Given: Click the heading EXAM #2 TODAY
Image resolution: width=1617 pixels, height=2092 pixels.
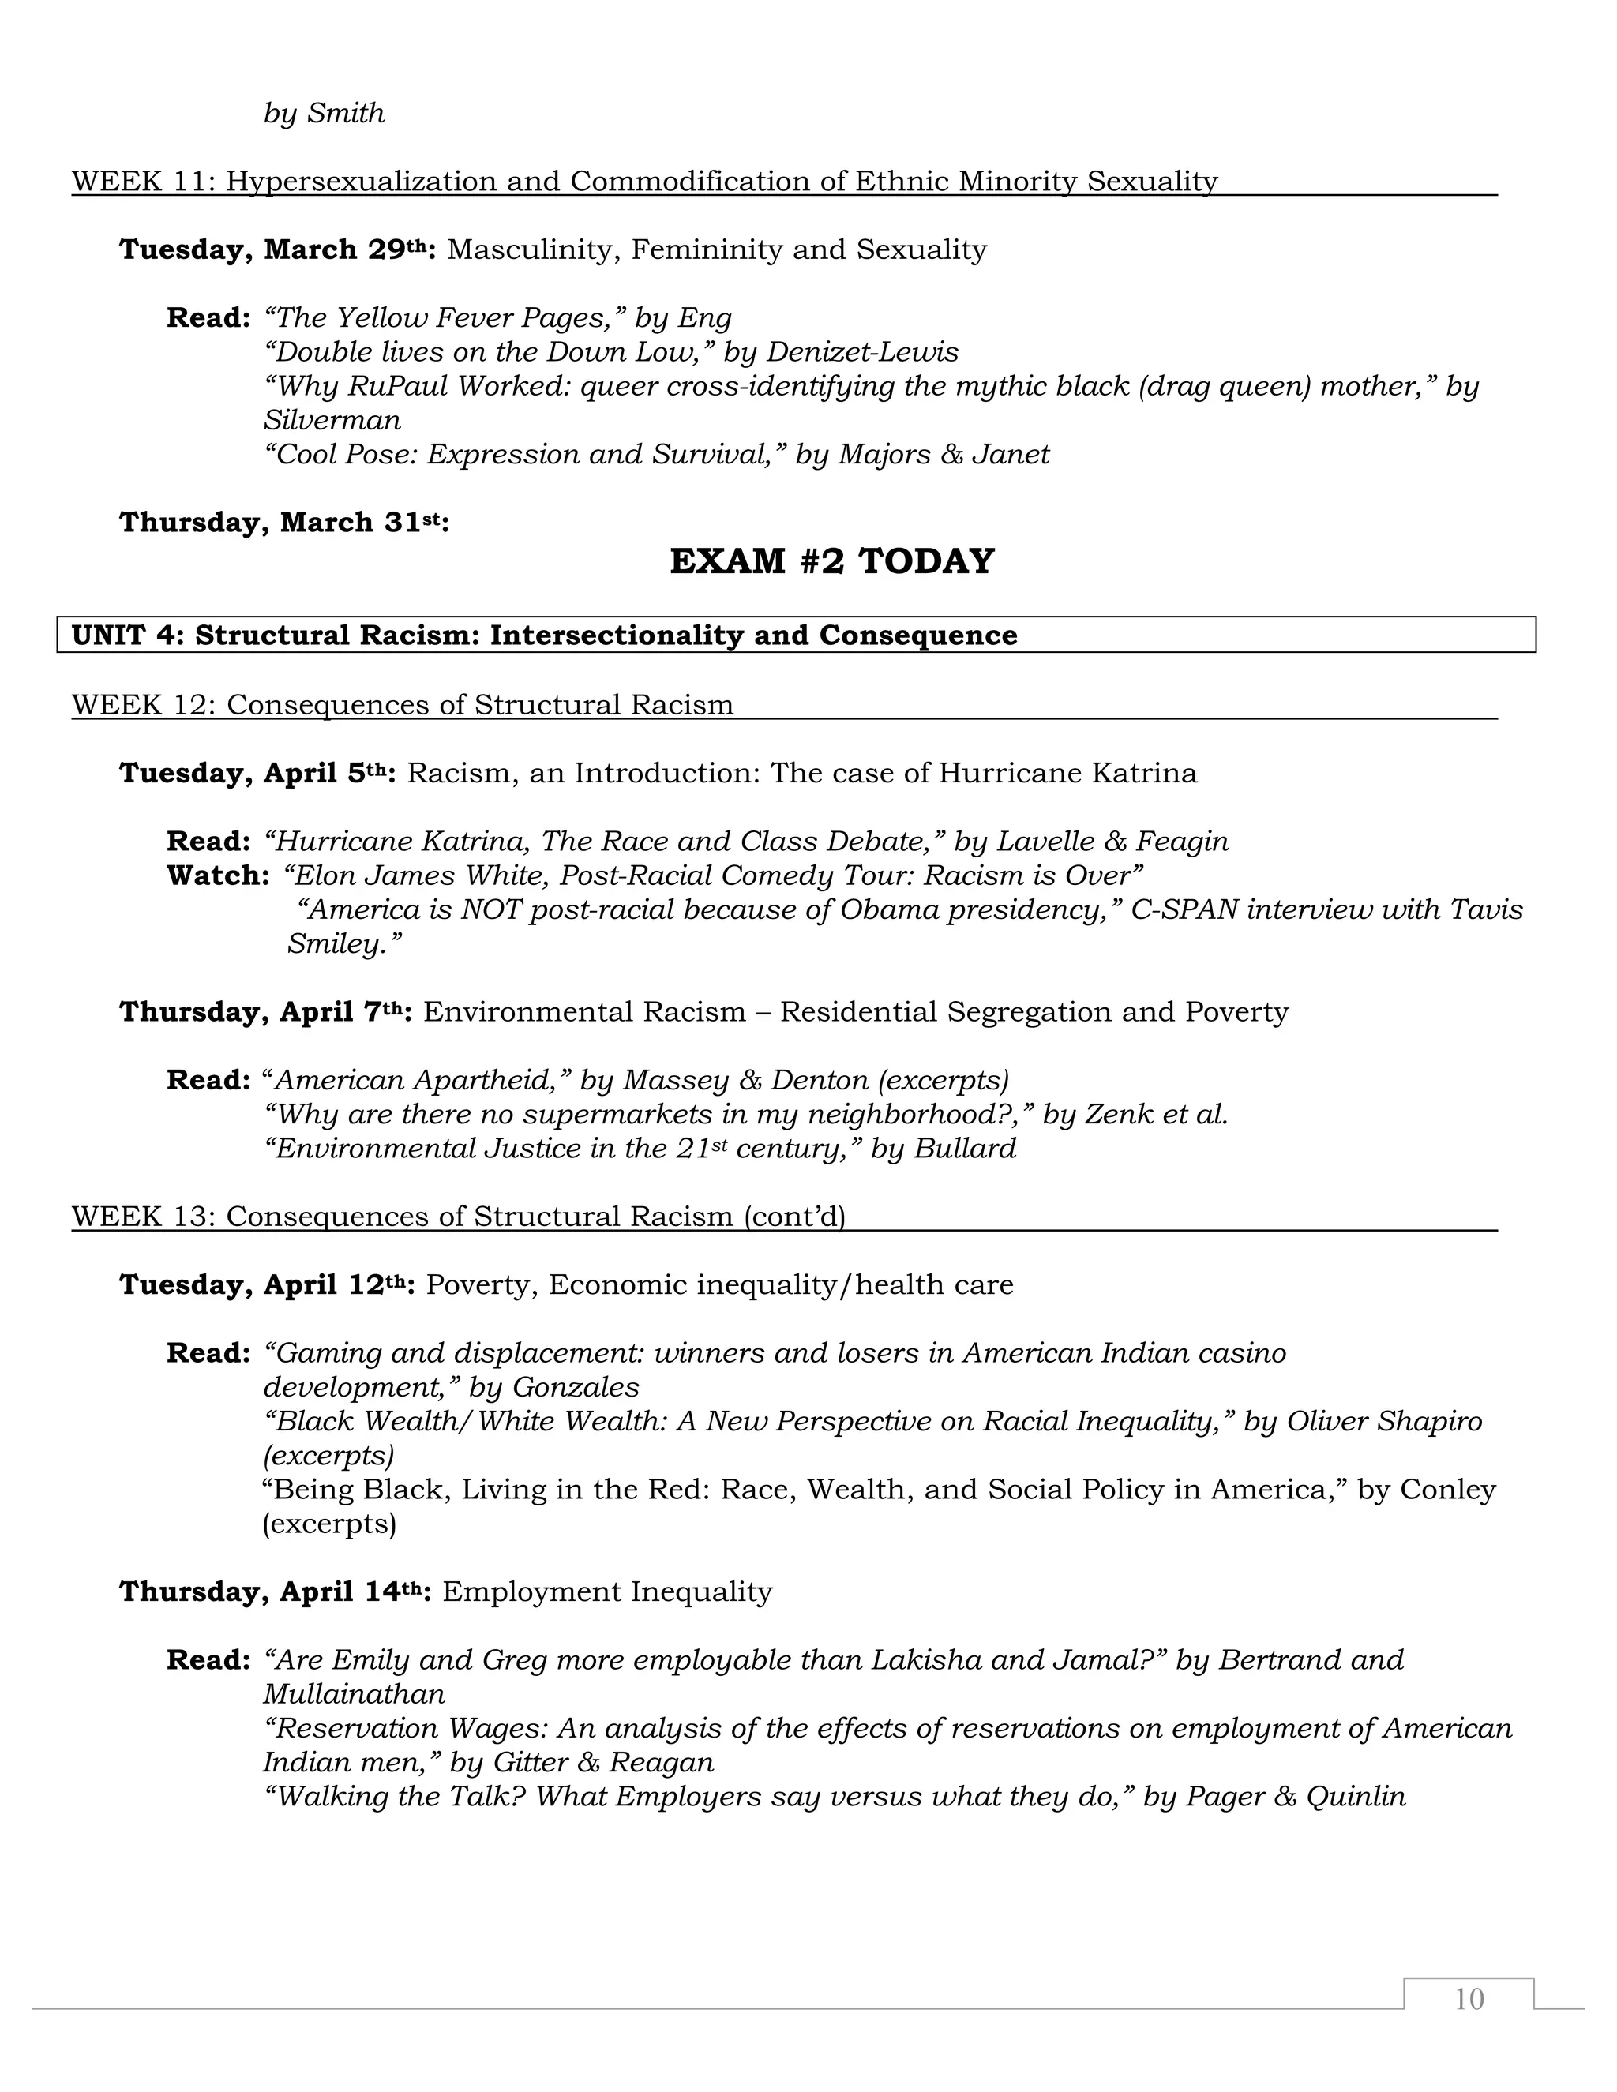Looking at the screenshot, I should (831, 561).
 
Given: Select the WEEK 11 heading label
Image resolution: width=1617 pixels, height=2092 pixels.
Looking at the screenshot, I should (144, 181).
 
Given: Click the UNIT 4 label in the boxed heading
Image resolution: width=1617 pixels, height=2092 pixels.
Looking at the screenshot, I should (127, 635).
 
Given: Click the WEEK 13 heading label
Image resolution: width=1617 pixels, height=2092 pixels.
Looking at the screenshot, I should (144, 1217).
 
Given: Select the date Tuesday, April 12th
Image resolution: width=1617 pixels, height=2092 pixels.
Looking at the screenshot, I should (266, 1284).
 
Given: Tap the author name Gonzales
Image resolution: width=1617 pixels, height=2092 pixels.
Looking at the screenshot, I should (576, 1387).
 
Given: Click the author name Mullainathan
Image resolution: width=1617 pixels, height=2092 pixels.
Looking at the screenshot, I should (355, 1694).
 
